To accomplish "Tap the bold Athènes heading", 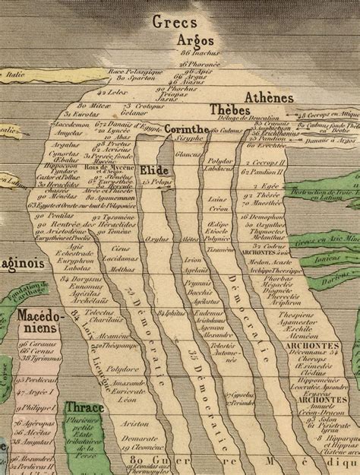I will (270, 97).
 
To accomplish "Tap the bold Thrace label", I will (85, 407).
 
